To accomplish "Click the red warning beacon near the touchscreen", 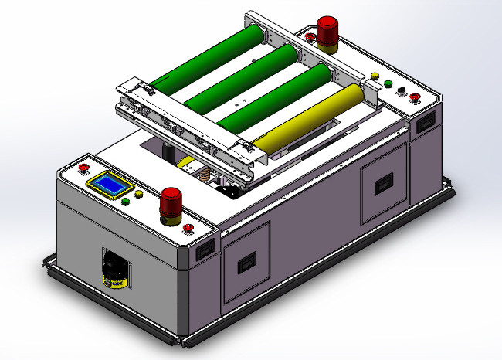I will pyautogui.click(x=171, y=205).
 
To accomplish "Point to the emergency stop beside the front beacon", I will pyautogui.click(x=188, y=227).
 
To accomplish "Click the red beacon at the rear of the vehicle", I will pyautogui.click(x=327, y=30).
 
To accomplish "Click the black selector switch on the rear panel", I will pyautogui.click(x=402, y=90).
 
